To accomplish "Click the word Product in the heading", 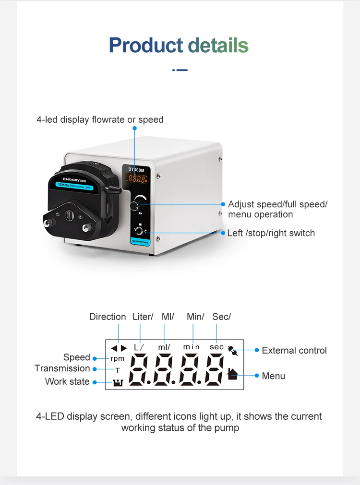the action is pyautogui.click(x=145, y=45).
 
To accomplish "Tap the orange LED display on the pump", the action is pyautogui.click(x=137, y=179).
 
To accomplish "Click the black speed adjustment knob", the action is pyautogui.click(x=135, y=206).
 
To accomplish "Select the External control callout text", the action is pyautogui.click(x=294, y=351).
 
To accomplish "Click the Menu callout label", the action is pyautogui.click(x=273, y=376).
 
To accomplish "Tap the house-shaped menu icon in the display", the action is pyautogui.click(x=232, y=374).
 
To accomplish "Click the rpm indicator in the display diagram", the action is pyautogui.click(x=117, y=358).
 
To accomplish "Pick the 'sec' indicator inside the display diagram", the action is pyautogui.click(x=216, y=347).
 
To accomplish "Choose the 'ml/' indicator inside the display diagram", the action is pyautogui.click(x=165, y=347).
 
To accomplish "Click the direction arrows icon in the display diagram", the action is pyautogui.click(x=119, y=348).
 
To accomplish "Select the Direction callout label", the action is pyautogui.click(x=108, y=317).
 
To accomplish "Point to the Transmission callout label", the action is pyautogui.click(x=62, y=368).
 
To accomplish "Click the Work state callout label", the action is pyautogui.click(x=67, y=381).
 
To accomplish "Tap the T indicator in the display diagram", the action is pyautogui.click(x=117, y=370).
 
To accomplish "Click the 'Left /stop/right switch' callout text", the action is pyautogui.click(x=271, y=233).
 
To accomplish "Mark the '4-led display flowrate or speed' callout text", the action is pyautogui.click(x=100, y=119).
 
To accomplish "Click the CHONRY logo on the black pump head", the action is pyautogui.click(x=67, y=178).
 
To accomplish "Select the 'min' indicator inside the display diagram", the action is pyautogui.click(x=191, y=347).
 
